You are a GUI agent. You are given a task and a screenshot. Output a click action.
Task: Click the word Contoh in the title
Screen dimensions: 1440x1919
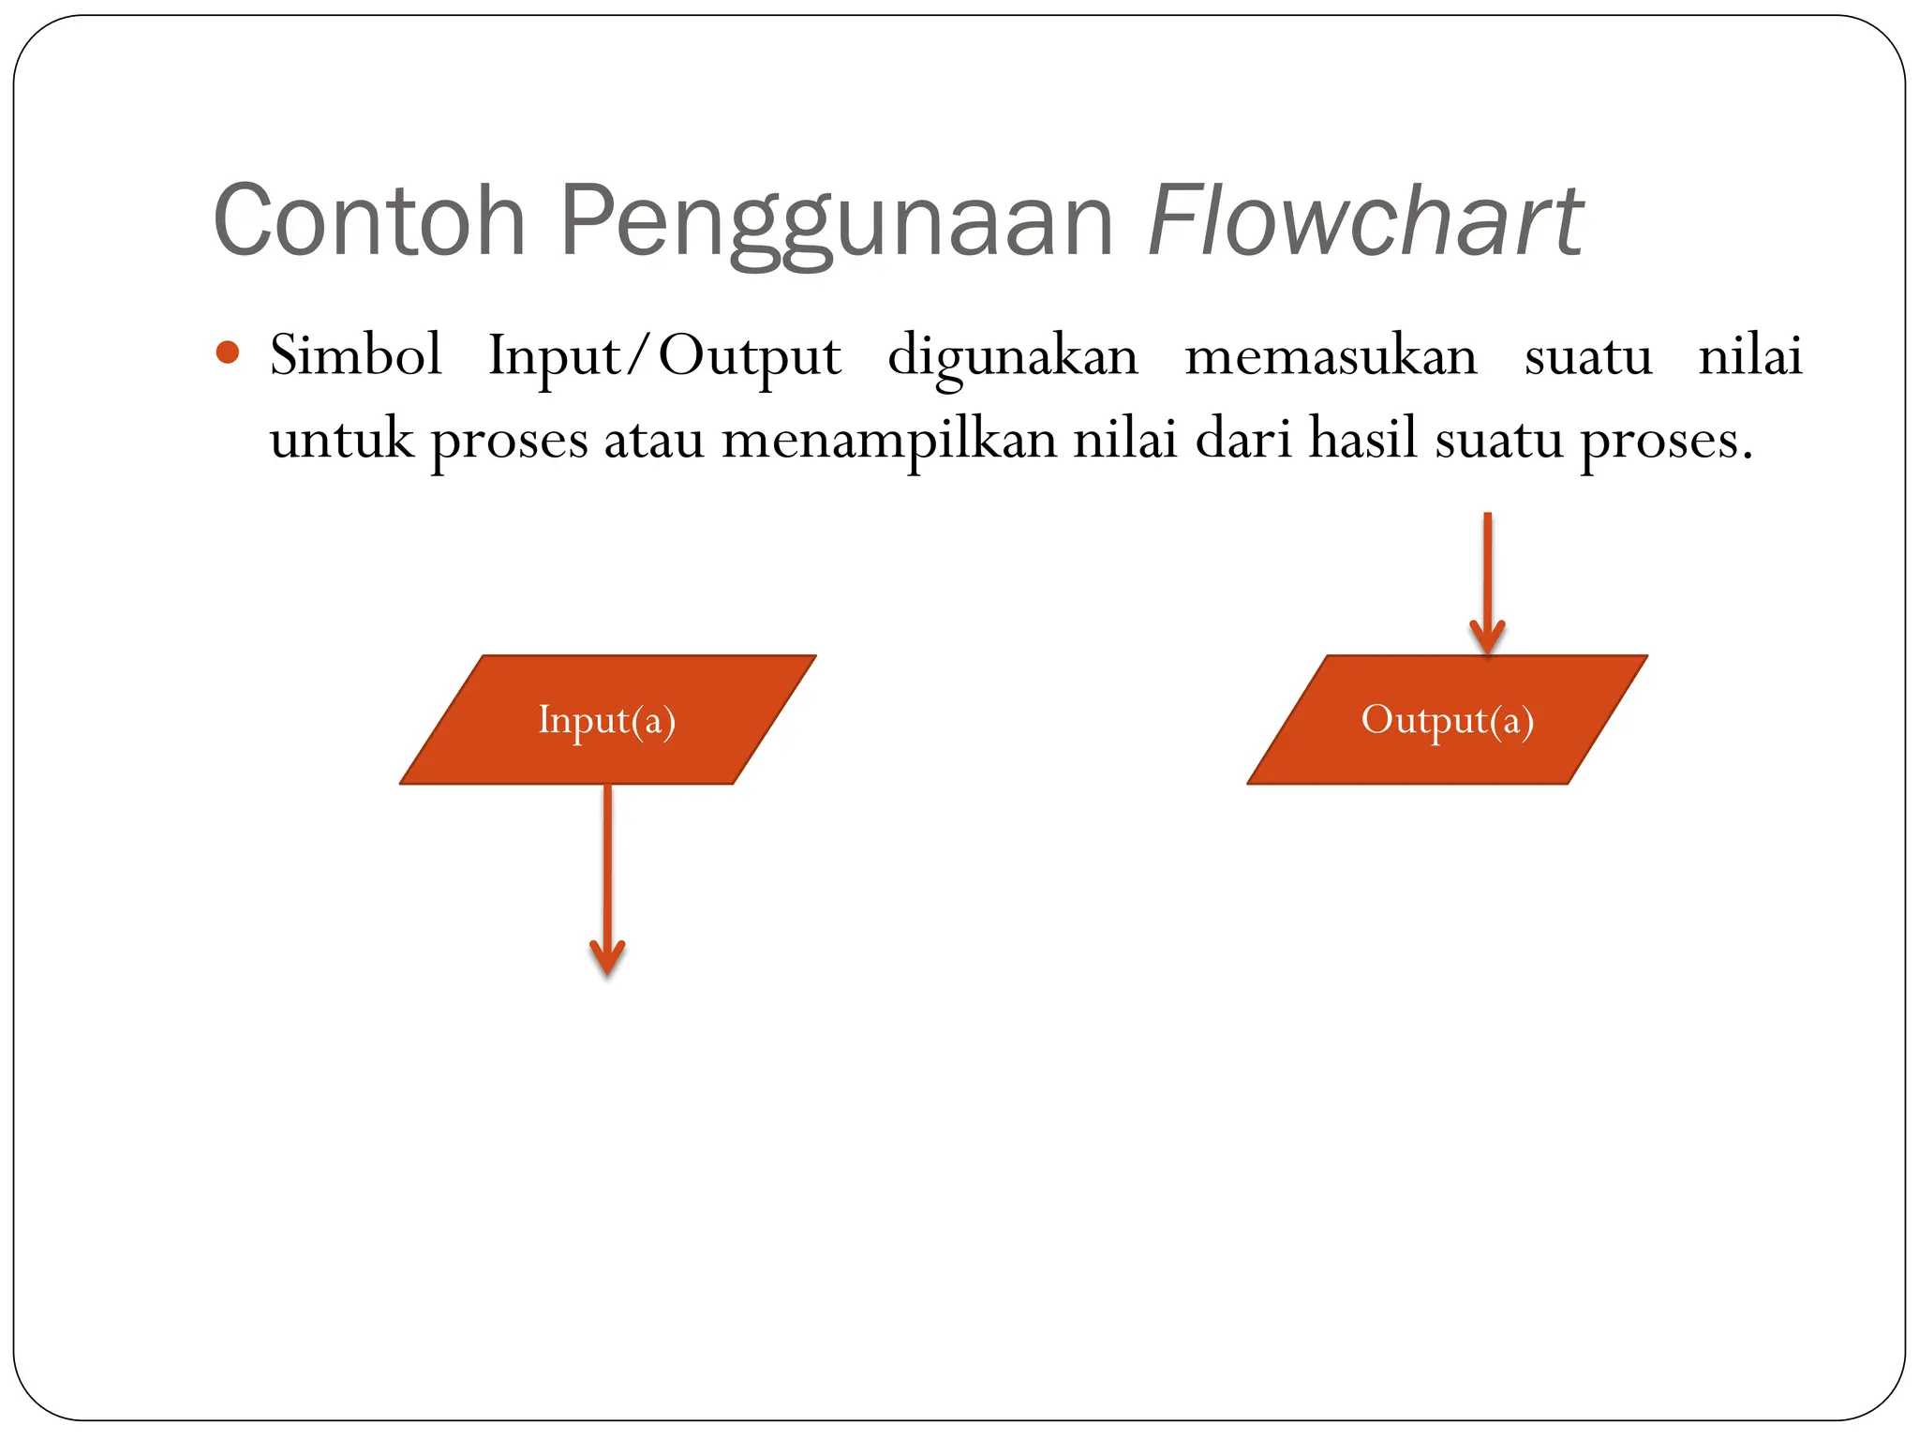(369, 220)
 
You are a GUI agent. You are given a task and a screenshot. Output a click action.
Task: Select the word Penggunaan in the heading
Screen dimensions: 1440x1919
(836, 220)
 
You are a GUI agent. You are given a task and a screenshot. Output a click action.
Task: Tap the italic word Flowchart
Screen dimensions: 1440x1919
(1365, 220)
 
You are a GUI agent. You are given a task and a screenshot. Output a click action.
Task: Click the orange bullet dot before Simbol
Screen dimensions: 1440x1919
(228, 353)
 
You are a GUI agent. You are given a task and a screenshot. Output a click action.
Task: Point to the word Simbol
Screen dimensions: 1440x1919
(355, 356)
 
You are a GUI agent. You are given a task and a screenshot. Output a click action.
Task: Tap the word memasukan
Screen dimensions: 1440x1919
(1331, 356)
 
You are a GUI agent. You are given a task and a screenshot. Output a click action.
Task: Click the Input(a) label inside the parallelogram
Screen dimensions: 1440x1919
(607, 720)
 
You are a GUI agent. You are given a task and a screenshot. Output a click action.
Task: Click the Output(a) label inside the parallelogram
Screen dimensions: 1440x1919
(1448, 720)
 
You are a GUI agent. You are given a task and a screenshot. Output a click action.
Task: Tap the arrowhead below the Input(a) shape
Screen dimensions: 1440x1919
(607, 958)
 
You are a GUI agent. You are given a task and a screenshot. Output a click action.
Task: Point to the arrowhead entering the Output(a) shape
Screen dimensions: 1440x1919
(1487, 637)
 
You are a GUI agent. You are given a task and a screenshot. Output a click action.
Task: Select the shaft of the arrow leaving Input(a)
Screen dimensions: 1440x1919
(607, 862)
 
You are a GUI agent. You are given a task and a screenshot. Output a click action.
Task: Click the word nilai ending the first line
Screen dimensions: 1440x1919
(1750, 356)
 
